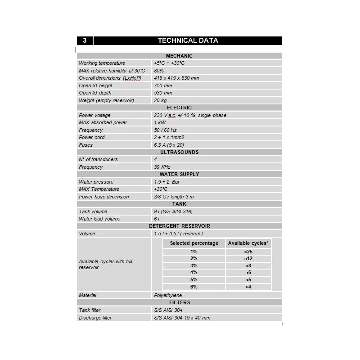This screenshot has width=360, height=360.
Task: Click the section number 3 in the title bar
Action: click(85, 40)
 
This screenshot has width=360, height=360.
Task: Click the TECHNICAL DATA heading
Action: click(188, 40)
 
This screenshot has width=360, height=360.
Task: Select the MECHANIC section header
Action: click(179, 56)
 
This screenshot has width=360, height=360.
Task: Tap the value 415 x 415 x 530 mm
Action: click(176, 78)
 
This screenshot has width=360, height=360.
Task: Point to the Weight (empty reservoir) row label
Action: click(106, 100)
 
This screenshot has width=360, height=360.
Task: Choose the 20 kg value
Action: click(160, 100)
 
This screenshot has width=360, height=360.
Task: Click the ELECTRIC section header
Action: click(179, 108)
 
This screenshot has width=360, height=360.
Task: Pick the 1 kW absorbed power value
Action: click(160, 122)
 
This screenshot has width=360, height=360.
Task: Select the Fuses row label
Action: click(85, 145)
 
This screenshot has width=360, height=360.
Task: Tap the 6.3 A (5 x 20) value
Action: click(169, 145)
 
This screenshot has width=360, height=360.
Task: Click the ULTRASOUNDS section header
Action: click(179, 152)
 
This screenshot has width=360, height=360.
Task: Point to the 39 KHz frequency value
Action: click(162, 167)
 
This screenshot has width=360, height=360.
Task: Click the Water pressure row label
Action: click(96, 182)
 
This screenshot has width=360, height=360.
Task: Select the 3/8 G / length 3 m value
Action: click(174, 197)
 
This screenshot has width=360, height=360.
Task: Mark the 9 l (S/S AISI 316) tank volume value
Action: click(173, 211)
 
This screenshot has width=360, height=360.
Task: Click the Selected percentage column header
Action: click(194, 243)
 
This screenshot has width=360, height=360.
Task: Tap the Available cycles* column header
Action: click(248, 243)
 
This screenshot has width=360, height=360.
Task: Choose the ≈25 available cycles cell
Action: click(248, 252)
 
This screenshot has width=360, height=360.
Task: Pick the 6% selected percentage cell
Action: click(194, 287)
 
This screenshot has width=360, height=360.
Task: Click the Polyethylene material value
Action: click(168, 295)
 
